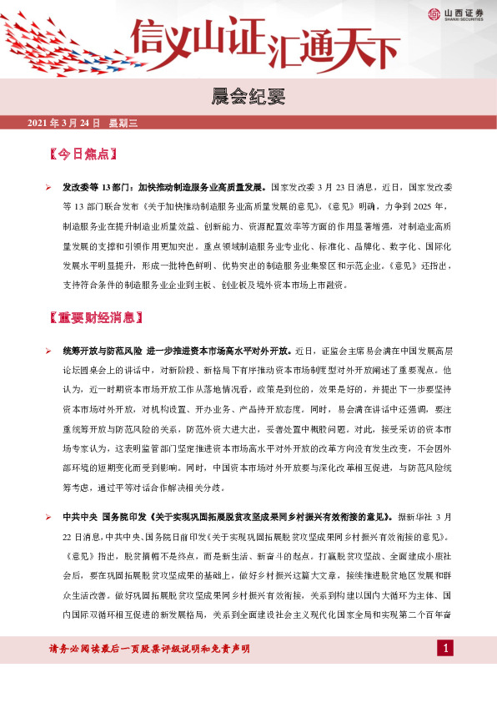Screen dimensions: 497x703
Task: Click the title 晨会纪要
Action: click(x=248, y=99)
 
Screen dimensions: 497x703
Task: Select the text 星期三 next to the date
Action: click(x=123, y=123)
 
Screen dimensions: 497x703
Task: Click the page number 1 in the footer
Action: click(x=446, y=649)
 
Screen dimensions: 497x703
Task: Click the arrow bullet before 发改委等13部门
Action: click(x=49, y=188)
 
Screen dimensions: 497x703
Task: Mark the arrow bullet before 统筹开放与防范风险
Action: click(x=49, y=351)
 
